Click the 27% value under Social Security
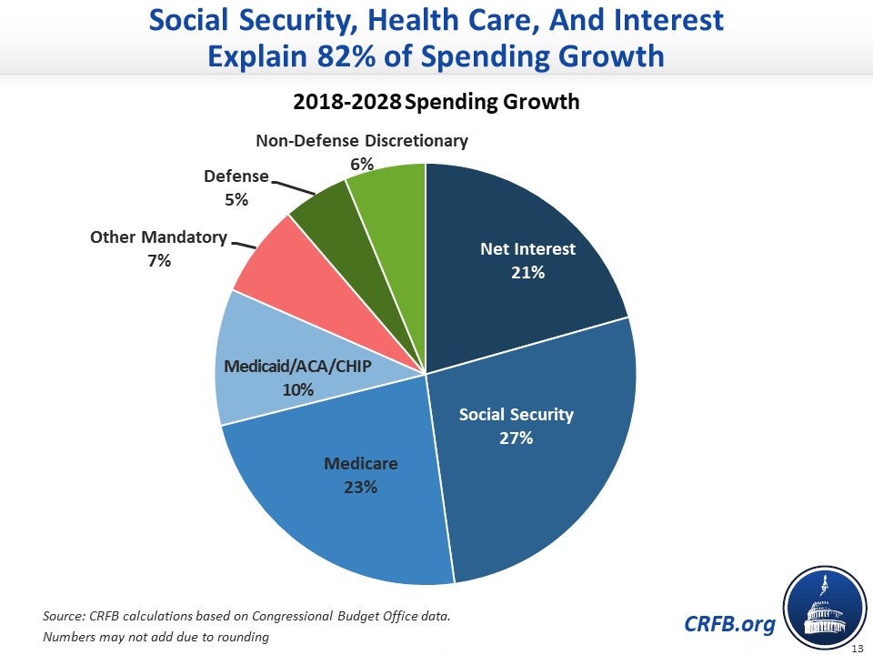click(516, 438)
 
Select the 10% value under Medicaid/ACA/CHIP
click(297, 390)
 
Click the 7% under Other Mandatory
click(158, 260)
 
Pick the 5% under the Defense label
click(236, 199)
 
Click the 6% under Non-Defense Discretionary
click(362, 164)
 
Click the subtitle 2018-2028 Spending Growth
click(436, 101)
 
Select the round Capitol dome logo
click(823, 606)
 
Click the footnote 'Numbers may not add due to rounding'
click(156, 637)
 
